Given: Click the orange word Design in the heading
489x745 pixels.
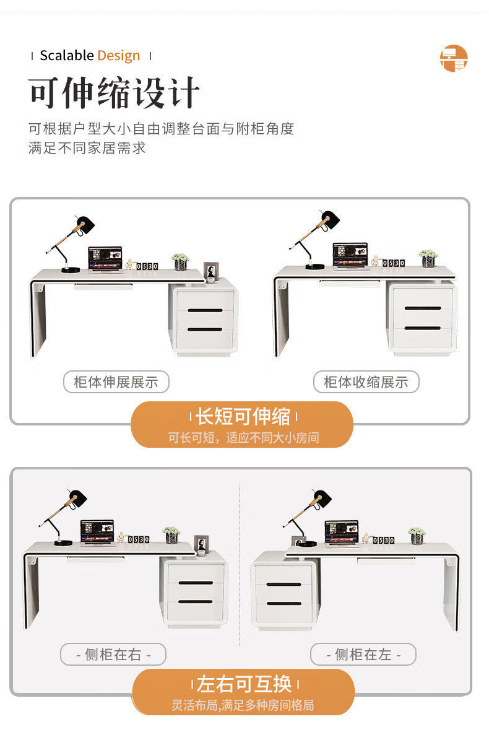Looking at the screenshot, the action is (x=118, y=56).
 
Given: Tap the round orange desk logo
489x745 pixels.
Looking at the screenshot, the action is (x=454, y=58).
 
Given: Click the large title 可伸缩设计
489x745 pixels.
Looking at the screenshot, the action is (x=114, y=92).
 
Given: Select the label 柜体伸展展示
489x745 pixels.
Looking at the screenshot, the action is (x=116, y=382).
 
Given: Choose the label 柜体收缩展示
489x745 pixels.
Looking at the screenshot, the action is (x=366, y=382).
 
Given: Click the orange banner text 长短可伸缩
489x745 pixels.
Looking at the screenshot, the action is (x=243, y=416).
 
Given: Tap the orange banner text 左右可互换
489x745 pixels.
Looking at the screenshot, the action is (x=244, y=684).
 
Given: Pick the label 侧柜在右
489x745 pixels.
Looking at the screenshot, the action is (x=113, y=655).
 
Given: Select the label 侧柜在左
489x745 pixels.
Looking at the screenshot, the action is (x=363, y=655).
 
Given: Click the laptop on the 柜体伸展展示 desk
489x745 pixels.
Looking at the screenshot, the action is (x=105, y=259).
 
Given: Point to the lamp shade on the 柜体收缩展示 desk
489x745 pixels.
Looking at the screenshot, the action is (x=331, y=219).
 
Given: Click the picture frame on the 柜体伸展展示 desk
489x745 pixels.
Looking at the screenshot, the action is (x=211, y=271).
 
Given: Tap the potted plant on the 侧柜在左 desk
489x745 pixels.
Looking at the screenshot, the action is (x=417, y=536).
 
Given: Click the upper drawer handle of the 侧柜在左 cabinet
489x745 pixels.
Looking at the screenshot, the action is (x=283, y=585).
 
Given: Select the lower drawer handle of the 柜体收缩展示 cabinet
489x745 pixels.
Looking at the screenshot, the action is (x=423, y=328).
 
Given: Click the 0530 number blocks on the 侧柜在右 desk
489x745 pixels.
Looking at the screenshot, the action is (x=139, y=539).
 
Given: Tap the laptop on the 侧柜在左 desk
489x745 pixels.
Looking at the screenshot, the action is (x=342, y=534).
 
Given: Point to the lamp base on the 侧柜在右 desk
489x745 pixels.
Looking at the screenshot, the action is (x=63, y=542).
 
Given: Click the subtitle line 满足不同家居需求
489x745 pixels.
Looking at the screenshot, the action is (x=87, y=147).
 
